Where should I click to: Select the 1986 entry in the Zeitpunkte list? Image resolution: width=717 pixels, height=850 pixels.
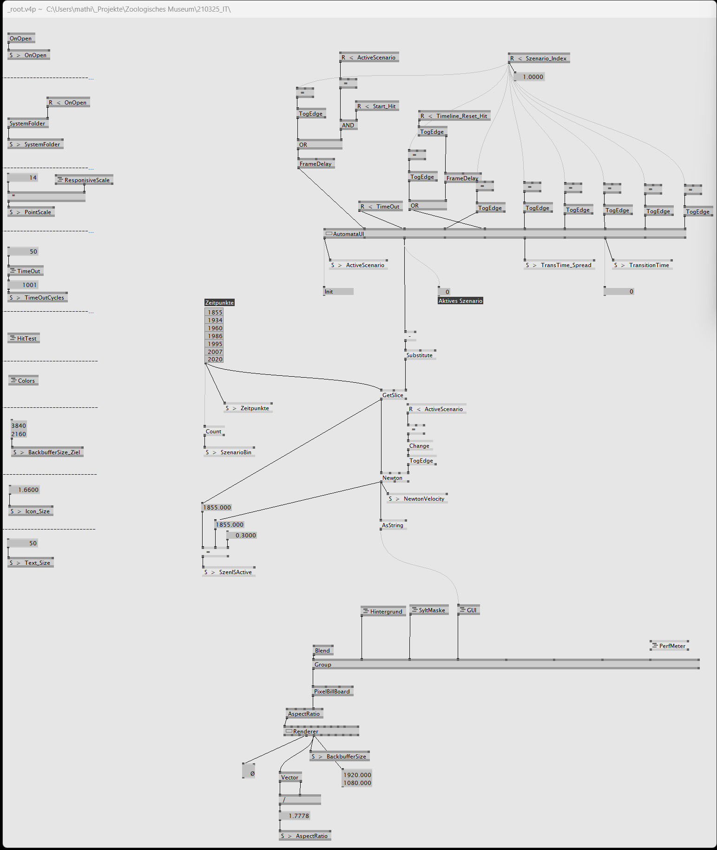pyautogui.click(x=214, y=336)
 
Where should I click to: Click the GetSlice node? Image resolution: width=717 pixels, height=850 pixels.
pyautogui.click(x=394, y=395)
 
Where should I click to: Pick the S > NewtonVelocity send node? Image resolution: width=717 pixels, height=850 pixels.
pyautogui.click(x=417, y=498)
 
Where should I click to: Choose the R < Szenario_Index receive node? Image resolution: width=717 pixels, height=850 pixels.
pyautogui.click(x=539, y=58)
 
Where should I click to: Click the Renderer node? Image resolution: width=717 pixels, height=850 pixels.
pyautogui.click(x=321, y=731)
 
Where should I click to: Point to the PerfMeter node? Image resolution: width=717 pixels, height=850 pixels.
pyautogui.click(x=669, y=646)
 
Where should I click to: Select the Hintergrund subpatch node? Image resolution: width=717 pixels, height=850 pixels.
pyautogui.click(x=383, y=611)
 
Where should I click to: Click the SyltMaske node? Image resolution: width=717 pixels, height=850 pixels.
pyautogui.click(x=429, y=610)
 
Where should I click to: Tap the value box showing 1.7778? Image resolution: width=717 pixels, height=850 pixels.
pyautogui.click(x=295, y=816)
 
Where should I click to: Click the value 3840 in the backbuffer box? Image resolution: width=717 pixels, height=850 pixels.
pyautogui.click(x=19, y=425)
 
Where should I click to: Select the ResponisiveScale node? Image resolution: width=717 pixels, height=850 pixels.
pyautogui.click(x=84, y=180)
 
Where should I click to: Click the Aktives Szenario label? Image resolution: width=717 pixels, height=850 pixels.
pyautogui.click(x=460, y=301)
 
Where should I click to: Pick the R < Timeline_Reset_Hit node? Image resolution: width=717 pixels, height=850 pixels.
pyautogui.click(x=454, y=116)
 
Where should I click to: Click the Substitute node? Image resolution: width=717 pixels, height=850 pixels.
pyautogui.click(x=420, y=355)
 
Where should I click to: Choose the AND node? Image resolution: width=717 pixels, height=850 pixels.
pyautogui.click(x=349, y=125)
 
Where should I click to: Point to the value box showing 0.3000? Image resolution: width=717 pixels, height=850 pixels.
pyautogui.click(x=242, y=535)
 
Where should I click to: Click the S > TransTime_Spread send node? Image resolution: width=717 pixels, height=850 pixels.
pyautogui.click(x=559, y=265)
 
